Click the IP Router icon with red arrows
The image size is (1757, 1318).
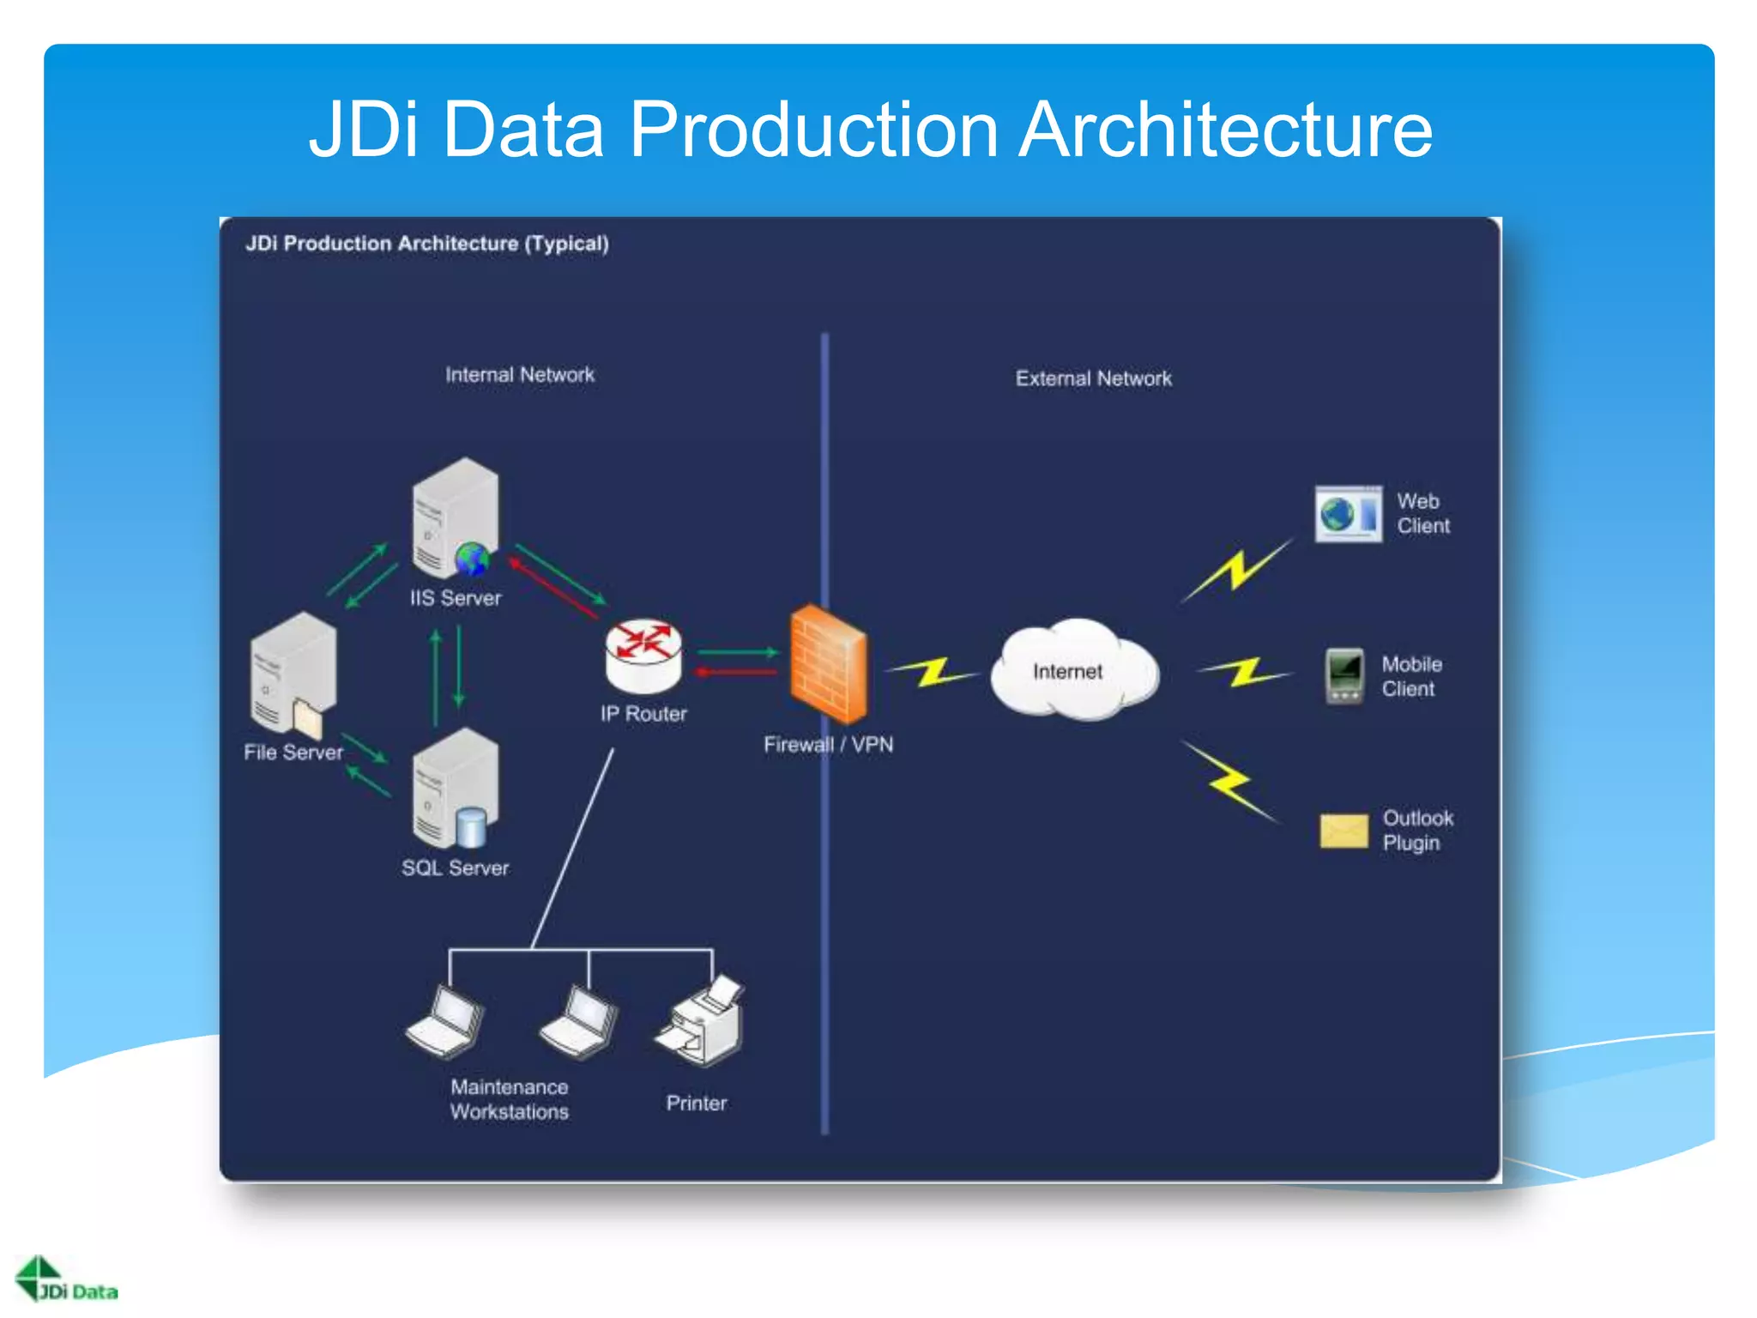coord(643,656)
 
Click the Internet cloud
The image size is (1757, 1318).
coord(1072,670)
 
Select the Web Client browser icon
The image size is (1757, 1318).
coord(1348,514)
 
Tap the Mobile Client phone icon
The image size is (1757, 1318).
coord(1343,675)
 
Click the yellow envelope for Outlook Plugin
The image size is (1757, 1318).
coord(1343,831)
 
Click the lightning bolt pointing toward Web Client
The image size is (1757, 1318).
coord(1236,570)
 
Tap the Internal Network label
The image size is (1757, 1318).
coord(519,375)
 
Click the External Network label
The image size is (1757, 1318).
coord(1093,378)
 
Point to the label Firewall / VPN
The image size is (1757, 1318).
coord(828,745)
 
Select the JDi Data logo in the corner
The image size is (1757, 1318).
coord(66,1280)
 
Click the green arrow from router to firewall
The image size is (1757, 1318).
coord(737,653)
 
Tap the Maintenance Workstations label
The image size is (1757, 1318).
coord(509,1099)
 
